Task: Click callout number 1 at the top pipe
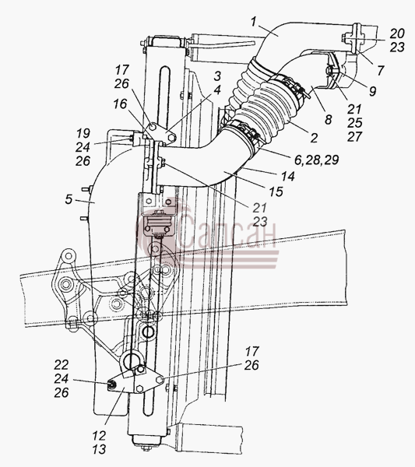pos(254,22)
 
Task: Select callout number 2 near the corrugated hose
pos(314,138)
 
